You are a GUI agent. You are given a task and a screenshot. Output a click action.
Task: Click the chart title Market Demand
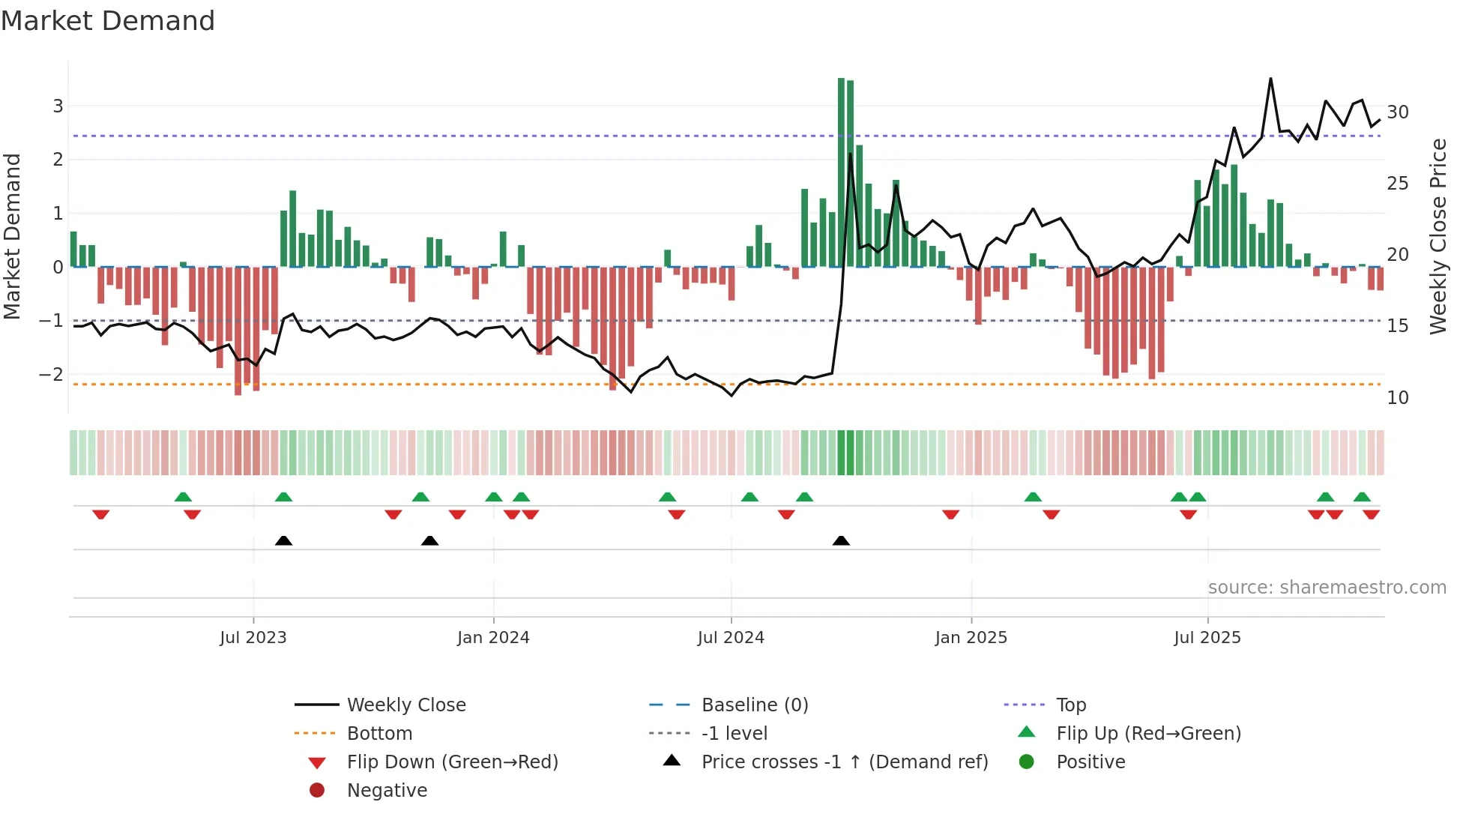(x=108, y=21)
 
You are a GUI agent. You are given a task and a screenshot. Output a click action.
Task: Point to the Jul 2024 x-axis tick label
(x=731, y=638)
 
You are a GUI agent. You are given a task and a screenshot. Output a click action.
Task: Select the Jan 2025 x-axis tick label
(x=971, y=638)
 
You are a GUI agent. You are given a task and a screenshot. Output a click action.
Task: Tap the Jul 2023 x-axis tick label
(x=253, y=638)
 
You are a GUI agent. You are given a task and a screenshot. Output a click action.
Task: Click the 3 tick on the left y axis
(x=58, y=106)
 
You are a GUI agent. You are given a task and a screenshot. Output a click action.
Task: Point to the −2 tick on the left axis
(x=52, y=374)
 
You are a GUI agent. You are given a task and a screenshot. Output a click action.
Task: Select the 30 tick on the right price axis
(x=1398, y=112)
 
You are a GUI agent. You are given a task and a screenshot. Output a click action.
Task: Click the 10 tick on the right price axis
(x=1398, y=398)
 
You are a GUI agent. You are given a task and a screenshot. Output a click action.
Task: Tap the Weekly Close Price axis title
(x=1438, y=236)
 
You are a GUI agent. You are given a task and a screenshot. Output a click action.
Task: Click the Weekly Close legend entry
(x=405, y=705)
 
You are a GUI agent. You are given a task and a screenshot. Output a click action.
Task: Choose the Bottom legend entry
(x=379, y=734)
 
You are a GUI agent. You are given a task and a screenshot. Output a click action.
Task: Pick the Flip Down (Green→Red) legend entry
(x=452, y=762)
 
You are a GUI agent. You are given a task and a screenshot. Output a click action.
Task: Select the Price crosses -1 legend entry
(x=844, y=762)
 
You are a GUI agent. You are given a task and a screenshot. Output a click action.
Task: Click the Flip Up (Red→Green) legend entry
(x=1148, y=734)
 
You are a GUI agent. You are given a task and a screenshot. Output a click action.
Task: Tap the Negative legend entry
(x=387, y=791)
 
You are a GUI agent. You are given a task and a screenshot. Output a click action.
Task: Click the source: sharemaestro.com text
(x=1327, y=588)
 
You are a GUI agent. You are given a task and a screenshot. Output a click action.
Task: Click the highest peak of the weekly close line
(x=1270, y=79)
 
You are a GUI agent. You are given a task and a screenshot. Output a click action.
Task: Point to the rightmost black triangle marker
(x=841, y=540)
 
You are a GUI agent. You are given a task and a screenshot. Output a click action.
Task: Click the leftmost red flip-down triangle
(x=101, y=514)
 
